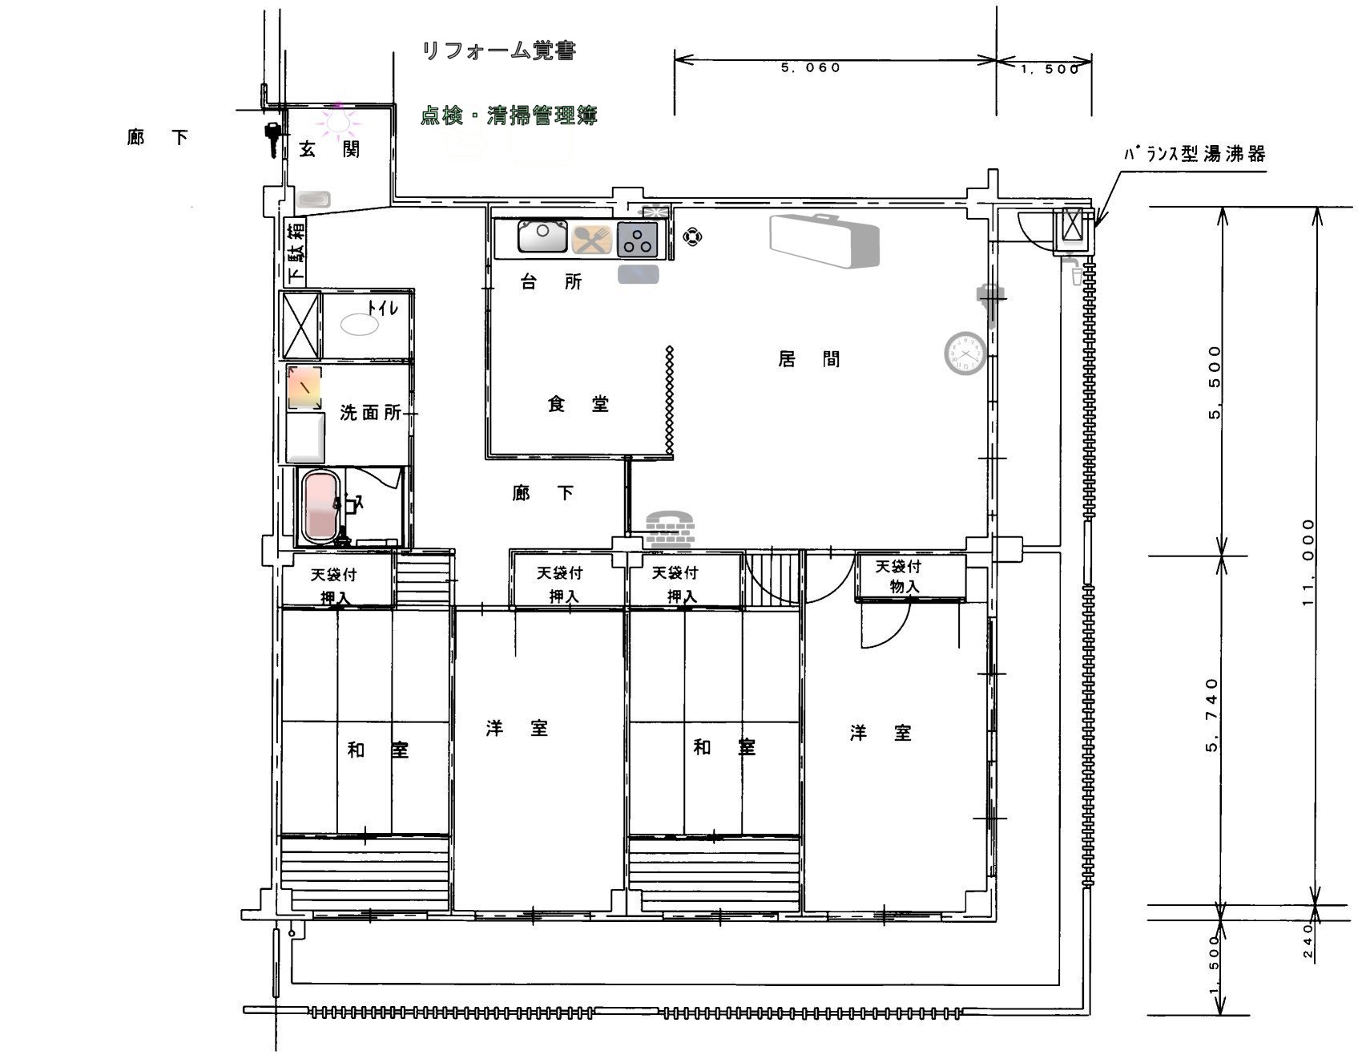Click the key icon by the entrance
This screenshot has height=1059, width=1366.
coord(272,140)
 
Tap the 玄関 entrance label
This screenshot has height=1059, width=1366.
coord(329,149)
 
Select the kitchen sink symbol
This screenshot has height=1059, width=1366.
coord(542,237)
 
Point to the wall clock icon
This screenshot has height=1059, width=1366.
coord(965,354)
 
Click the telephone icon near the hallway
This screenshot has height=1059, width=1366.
coord(670,528)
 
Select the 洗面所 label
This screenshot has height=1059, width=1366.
coord(370,413)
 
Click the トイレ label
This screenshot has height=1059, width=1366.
coord(382,308)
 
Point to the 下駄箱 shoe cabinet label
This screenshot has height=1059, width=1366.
coord(296,253)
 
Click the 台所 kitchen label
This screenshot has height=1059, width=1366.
coord(551,281)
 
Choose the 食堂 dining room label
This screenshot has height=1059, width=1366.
coord(578,404)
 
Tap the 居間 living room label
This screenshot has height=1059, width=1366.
coord(809,358)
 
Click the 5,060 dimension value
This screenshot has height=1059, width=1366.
coord(811,68)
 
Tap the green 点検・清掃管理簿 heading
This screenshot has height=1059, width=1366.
coord(510,115)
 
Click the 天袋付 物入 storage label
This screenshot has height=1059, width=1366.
coord(899,576)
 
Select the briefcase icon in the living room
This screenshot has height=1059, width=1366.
coord(824,240)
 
